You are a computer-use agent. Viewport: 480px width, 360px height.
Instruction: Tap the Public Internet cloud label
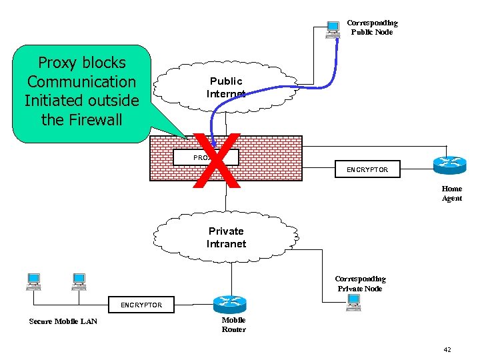click(225, 87)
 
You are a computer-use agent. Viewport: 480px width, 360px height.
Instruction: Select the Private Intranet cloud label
click(226, 237)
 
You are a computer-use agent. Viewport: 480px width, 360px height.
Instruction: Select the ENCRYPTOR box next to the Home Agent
click(367, 170)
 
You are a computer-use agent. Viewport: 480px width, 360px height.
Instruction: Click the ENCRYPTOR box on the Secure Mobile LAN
click(141, 305)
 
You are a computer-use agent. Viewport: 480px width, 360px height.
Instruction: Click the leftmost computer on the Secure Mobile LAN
click(33, 282)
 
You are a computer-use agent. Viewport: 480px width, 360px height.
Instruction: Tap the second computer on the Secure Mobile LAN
click(79, 282)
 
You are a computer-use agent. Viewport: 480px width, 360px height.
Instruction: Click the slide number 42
click(446, 349)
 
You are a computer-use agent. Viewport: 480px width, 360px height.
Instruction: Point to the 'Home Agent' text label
click(451, 193)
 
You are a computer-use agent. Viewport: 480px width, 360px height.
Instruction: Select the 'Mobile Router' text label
click(233, 325)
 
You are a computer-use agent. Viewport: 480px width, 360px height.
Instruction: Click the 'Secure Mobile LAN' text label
click(63, 321)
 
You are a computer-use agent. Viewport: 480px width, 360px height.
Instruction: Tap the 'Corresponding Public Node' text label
click(372, 27)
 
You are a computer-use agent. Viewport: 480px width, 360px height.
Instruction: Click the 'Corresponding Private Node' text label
click(360, 283)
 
